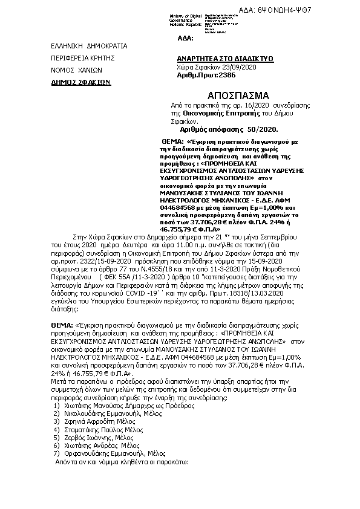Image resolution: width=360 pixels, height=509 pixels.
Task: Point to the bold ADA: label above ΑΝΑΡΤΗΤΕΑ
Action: coord(185,38)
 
